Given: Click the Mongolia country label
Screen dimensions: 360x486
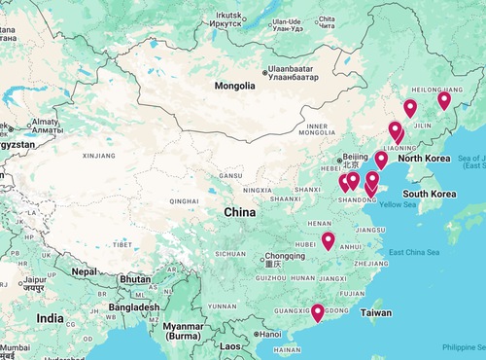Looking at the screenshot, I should (x=235, y=86).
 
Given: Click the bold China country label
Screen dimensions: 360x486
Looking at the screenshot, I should (x=240, y=212).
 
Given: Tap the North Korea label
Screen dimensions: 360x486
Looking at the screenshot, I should (x=425, y=159).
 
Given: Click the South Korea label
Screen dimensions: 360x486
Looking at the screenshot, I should (x=431, y=194).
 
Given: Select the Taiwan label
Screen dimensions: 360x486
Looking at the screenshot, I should (x=375, y=313).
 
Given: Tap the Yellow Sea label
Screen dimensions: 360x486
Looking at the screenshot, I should (x=397, y=205).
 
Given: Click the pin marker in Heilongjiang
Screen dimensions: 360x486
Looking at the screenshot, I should (x=444, y=99).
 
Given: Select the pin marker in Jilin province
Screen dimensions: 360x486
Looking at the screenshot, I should (x=410, y=108).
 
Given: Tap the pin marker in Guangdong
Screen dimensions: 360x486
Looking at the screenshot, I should (x=317, y=312).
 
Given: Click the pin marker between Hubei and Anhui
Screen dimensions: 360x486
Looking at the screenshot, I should (x=329, y=240).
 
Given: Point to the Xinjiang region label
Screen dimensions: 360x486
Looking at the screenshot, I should (x=99, y=155).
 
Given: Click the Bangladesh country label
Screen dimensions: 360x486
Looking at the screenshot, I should (x=134, y=307).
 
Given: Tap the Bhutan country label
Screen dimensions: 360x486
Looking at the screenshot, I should (x=134, y=279).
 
